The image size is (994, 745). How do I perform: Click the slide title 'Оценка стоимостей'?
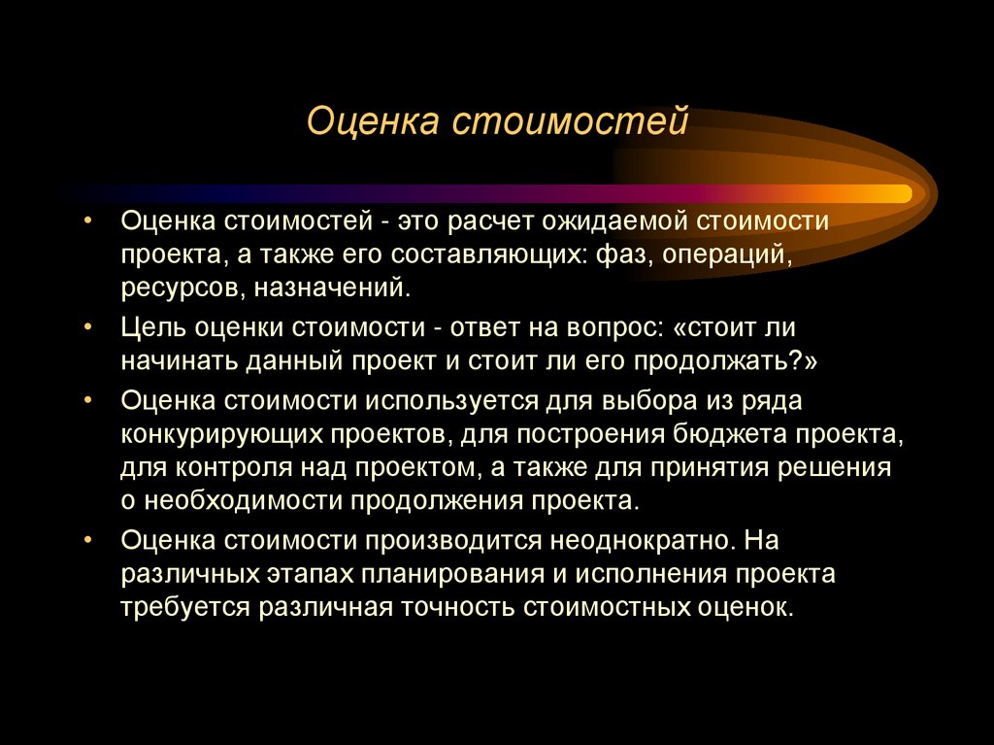coord(497,123)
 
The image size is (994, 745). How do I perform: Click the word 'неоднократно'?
coord(636,539)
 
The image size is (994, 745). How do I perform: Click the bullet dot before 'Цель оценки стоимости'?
coord(88,327)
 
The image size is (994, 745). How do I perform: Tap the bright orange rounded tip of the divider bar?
coord(901,194)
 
